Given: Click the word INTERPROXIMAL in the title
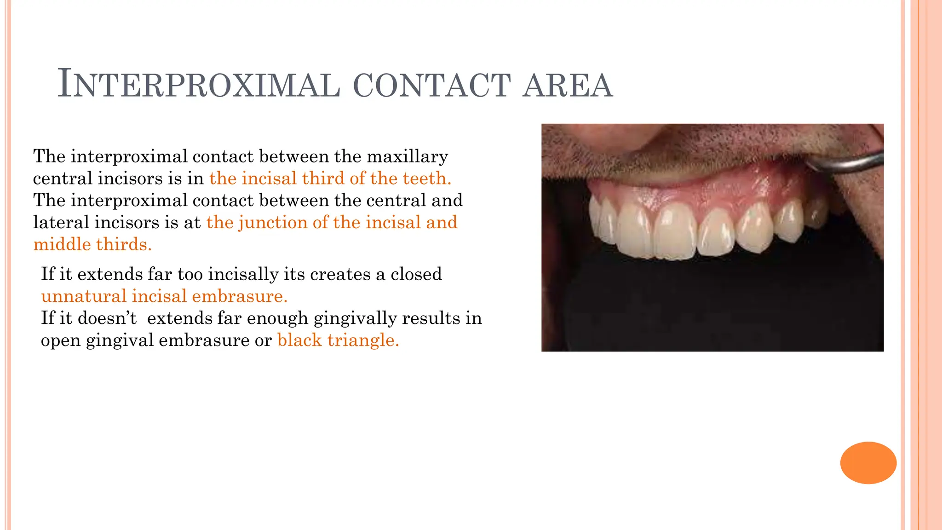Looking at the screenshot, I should (199, 85).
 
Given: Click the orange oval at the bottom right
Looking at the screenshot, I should (868, 463).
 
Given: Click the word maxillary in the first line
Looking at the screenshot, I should (407, 157).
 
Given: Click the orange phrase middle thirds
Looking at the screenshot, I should (92, 244).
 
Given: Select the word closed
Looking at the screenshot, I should (416, 274).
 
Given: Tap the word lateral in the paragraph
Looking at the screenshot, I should (61, 223).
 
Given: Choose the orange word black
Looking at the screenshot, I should (299, 340).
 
